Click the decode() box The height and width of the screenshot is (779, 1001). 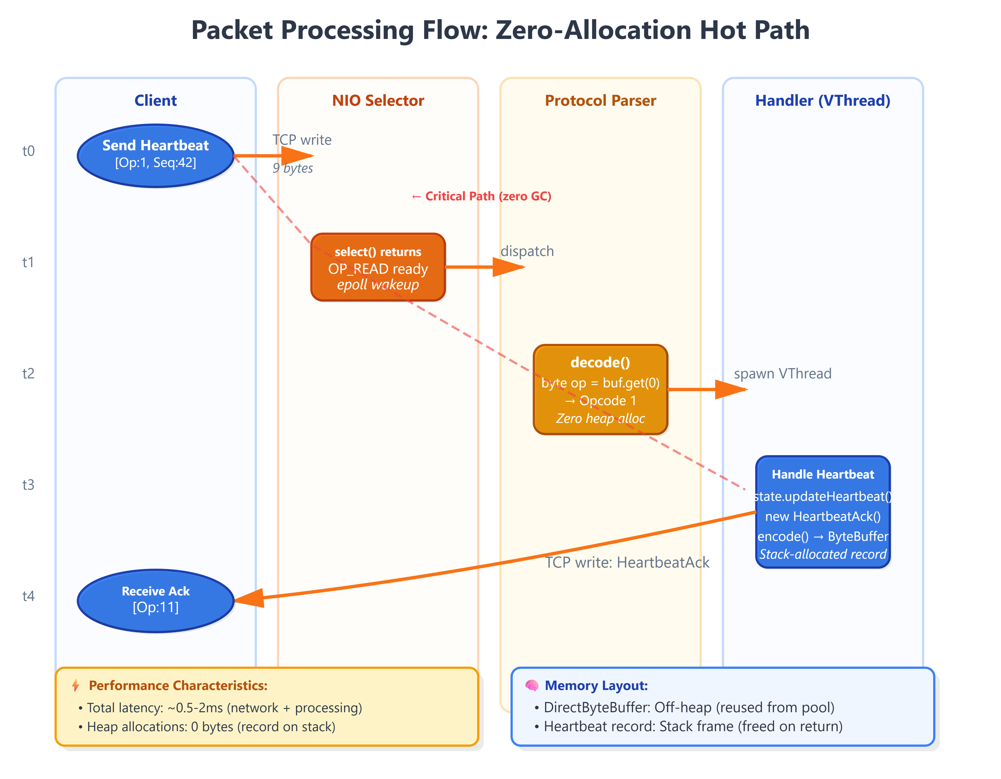pyautogui.click(x=600, y=389)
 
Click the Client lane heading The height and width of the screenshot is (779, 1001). pyautogui.click(x=155, y=100)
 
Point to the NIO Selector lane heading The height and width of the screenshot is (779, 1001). pyautogui.click(x=378, y=100)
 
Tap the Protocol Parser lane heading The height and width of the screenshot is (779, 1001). pyautogui.click(x=600, y=100)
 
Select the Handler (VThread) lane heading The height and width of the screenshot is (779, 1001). pyautogui.click(x=823, y=100)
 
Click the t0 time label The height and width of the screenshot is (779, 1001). pyautogui.click(x=28, y=151)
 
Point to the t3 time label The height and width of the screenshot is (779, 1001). pyautogui.click(x=28, y=485)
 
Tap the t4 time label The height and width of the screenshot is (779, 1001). pyautogui.click(x=28, y=596)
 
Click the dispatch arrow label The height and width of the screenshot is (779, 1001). pyautogui.click(x=527, y=251)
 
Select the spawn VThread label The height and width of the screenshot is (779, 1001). pyautogui.click(x=782, y=374)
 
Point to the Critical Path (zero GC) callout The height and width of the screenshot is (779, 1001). pyautogui.click(x=481, y=196)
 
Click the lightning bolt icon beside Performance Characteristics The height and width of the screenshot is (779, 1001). pyautogui.click(x=76, y=686)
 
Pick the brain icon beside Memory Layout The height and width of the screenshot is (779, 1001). pyautogui.click(x=532, y=686)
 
